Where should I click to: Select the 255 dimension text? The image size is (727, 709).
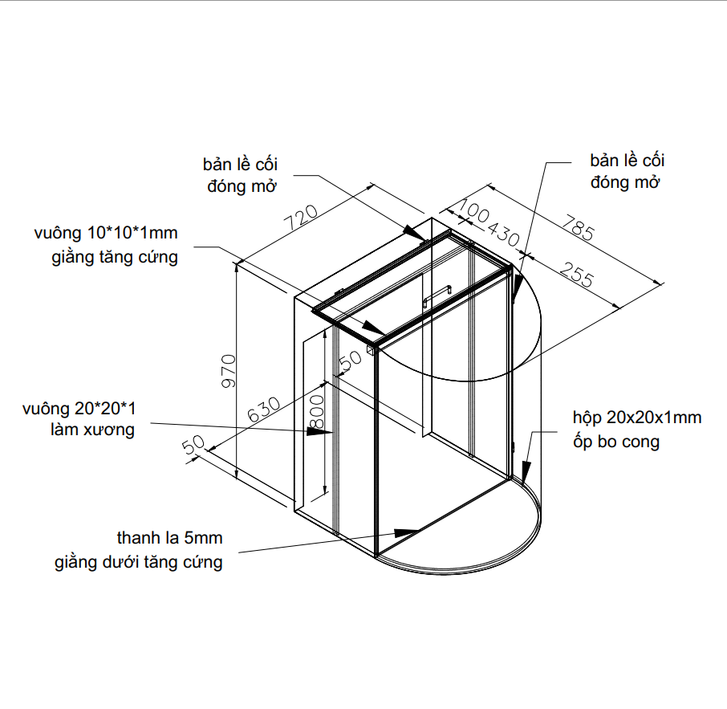[577, 275]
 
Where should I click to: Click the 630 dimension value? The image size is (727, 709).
[264, 410]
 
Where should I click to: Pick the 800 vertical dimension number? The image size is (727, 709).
[317, 411]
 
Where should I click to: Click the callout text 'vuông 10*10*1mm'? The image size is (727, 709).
[105, 234]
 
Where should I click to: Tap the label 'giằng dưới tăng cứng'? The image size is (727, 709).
[139, 562]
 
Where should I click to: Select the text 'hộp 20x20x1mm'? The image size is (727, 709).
[637, 418]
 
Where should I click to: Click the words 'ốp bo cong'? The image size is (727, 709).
[616, 442]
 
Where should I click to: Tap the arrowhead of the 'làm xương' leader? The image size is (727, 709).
[324, 431]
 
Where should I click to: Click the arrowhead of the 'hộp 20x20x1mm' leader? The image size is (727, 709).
[527, 470]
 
